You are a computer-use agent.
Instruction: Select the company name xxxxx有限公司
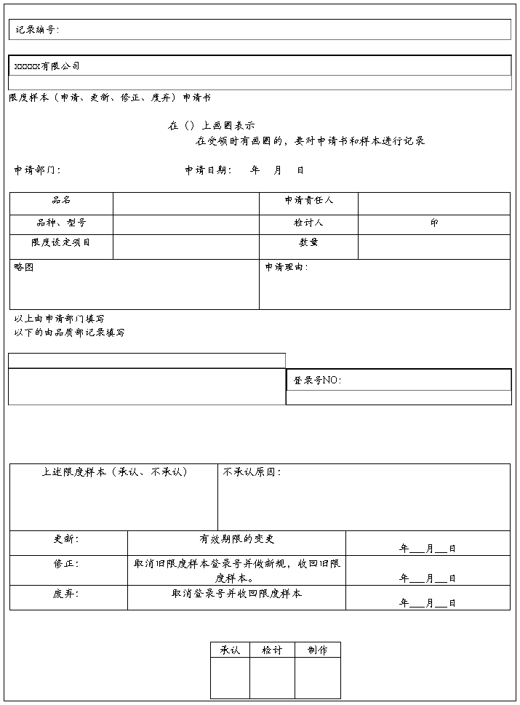point(47,66)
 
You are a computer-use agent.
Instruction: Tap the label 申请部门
point(37,170)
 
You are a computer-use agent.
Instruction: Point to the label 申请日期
point(208,170)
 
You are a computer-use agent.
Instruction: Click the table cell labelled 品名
point(61,200)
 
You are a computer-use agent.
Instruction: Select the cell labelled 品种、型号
point(61,223)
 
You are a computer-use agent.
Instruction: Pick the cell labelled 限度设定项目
point(61,242)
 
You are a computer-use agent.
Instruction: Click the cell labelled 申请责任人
point(308,200)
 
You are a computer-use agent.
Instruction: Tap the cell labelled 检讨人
point(308,223)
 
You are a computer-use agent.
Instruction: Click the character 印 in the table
point(434,223)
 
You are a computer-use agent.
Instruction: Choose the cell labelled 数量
point(308,242)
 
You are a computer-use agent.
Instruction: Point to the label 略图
point(24,267)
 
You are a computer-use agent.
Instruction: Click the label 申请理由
point(287,267)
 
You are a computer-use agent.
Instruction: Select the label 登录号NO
point(317,380)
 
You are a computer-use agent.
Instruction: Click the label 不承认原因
point(252,472)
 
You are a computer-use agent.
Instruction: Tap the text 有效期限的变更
point(237,539)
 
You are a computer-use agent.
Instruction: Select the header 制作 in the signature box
point(317,650)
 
